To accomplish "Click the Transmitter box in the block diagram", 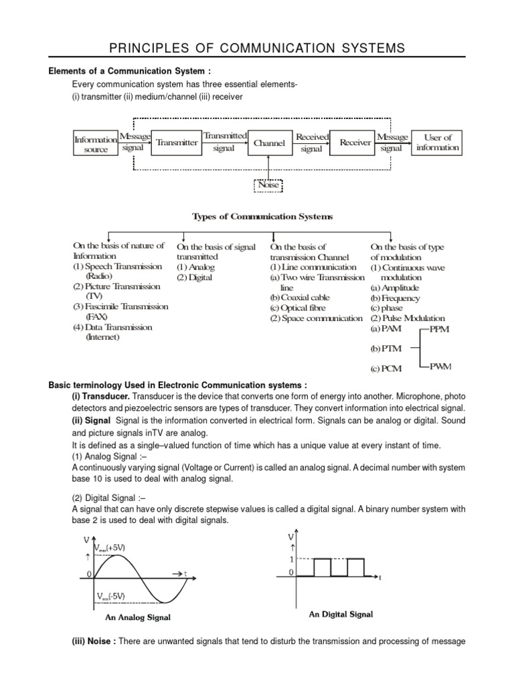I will pos(177,142).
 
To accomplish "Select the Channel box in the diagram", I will pos(269,142).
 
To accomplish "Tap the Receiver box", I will pos(355,142).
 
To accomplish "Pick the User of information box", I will pos(438,142).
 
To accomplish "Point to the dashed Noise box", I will pos(268,185).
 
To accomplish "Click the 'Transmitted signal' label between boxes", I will pos(224,142).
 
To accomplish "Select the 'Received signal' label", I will pos(312,142).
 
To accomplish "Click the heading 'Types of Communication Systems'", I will pos(262,217).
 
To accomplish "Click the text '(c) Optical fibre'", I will pos(299,308).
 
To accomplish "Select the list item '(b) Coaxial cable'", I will pos(300,298).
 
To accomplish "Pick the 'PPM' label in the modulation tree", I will pos(440,330).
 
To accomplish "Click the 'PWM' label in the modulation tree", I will pos(441,366).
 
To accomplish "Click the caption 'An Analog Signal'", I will pos(138,617).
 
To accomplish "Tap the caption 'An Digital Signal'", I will pos(341,613).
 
